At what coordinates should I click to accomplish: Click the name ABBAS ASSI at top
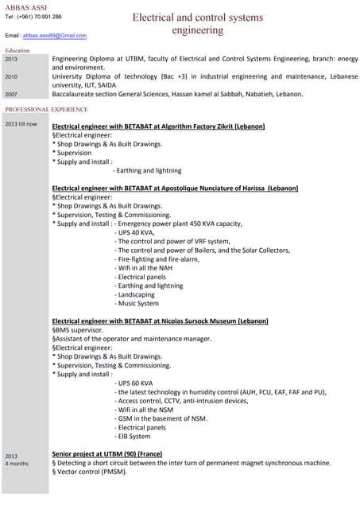[25, 7]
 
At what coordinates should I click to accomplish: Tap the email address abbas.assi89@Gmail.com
[55, 36]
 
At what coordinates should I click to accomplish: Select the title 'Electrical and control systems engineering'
[198, 24]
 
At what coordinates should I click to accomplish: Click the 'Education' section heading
[17, 50]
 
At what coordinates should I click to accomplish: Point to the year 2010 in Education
[11, 76]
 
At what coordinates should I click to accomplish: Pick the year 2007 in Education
[11, 94]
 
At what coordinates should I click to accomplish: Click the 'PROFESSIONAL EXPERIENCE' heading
[46, 109]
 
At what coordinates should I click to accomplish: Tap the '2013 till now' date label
[21, 124]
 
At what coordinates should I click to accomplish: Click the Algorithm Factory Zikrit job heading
[158, 126]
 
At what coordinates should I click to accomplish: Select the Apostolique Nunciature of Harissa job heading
[175, 188]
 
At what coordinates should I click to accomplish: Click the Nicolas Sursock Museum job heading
[160, 321]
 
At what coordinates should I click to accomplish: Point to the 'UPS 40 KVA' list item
[141, 233]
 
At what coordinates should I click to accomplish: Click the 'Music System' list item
[137, 303]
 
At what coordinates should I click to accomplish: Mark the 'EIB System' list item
[133, 436]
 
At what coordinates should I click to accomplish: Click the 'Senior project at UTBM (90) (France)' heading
[106, 453]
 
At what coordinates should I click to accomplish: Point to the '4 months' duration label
[17, 463]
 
